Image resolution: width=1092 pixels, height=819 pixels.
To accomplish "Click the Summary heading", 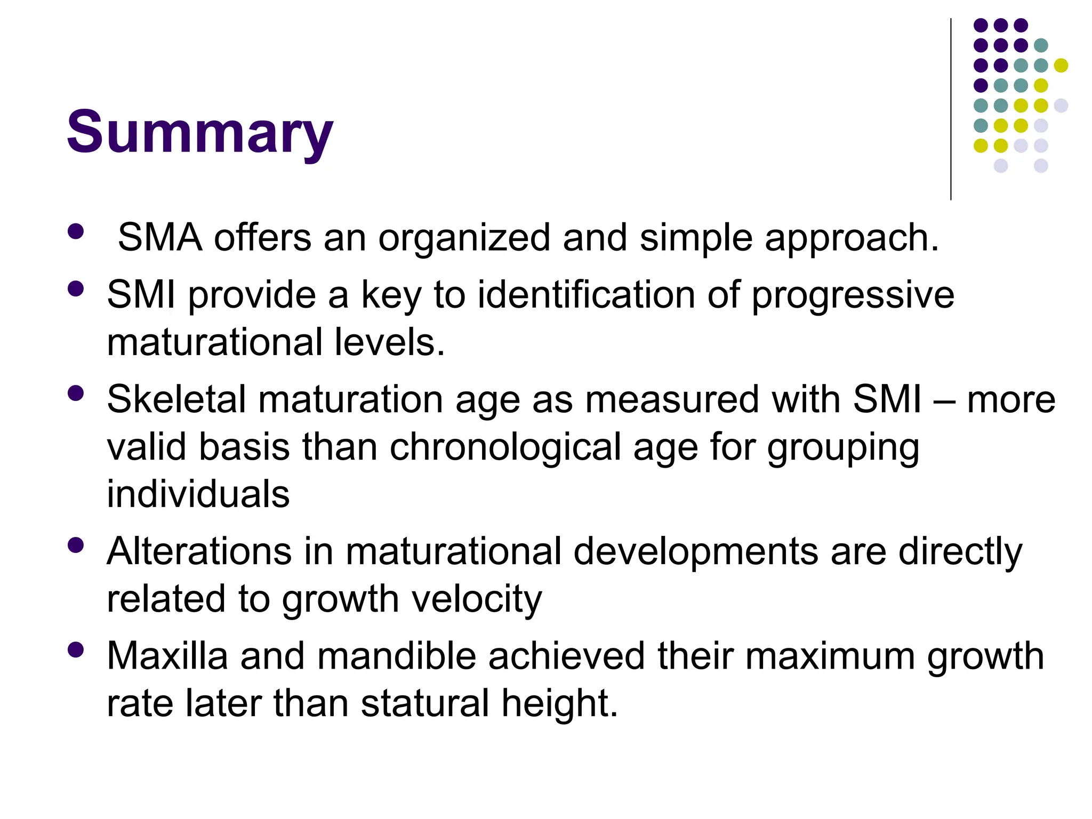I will pos(199,132).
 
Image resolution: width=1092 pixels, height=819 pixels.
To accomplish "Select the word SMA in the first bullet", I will pos(159,237).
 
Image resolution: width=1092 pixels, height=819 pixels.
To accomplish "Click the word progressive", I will pos(853,294).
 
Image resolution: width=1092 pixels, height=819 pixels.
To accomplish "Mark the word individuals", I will pos(198,494).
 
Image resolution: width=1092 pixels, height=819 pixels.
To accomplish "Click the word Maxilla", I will pos(167,656).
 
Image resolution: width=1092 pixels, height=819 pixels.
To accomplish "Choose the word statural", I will pos(424,703).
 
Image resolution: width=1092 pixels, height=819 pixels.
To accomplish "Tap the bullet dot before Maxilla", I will pos(76,649).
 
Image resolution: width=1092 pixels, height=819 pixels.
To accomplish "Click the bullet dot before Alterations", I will pos(76,545).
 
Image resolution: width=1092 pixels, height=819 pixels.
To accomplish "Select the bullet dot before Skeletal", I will pos(76,393).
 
